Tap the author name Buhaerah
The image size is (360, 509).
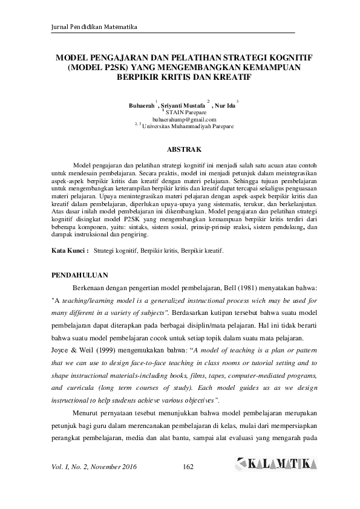142,105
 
